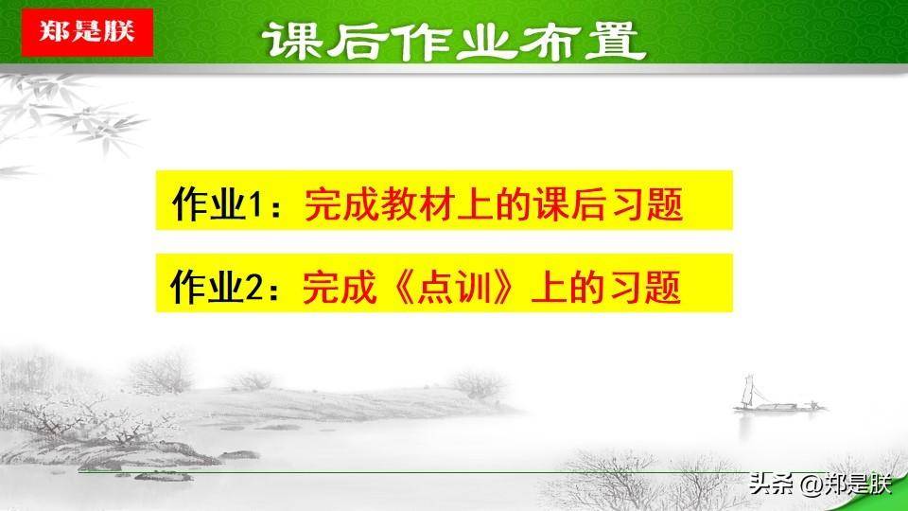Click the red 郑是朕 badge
point(87,32)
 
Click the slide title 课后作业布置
point(454,41)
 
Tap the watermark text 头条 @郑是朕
point(820,484)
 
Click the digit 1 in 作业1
point(254,204)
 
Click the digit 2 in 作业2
point(254,288)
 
